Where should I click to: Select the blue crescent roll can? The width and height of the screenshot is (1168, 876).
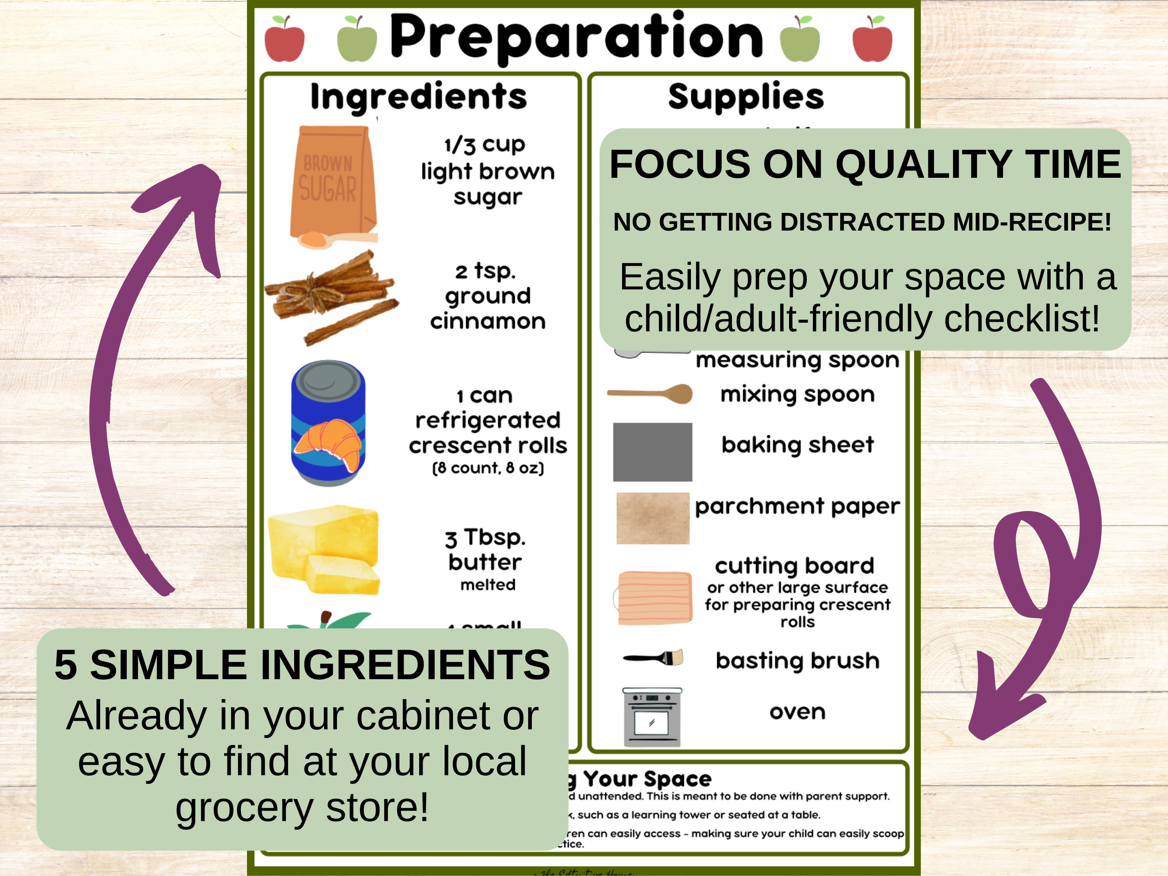pyautogui.click(x=328, y=422)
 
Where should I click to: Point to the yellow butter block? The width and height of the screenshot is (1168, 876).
pyautogui.click(x=324, y=549)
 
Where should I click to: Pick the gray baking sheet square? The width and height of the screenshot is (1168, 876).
pyautogui.click(x=652, y=452)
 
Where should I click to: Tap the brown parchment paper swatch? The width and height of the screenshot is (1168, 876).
pyautogui.click(x=653, y=518)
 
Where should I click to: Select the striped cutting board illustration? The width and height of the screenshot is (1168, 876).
pyautogui.click(x=654, y=598)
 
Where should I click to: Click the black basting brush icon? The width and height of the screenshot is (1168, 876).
pyautogui.click(x=653, y=658)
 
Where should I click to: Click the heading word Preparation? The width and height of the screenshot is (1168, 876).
pyautogui.click(x=576, y=37)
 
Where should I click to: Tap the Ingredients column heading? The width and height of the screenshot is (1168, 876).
pyautogui.click(x=418, y=96)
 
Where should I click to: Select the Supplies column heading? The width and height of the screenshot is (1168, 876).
pyautogui.click(x=746, y=96)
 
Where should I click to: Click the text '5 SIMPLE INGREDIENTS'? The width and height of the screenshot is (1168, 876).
pyautogui.click(x=302, y=664)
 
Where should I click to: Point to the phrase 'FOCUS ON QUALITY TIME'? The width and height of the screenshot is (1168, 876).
pyautogui.click(x=865, y=164)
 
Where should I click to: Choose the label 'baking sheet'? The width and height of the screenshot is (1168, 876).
pyautogui.click(x=797, y=445)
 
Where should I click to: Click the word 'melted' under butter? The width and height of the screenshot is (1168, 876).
pyautogui.click(x=488, y=584)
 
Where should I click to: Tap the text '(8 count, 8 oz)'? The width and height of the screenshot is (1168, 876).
pyautogui.click(x=488, y=468)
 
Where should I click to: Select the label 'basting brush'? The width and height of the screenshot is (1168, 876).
pyautogui.click(x=797, y=661)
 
